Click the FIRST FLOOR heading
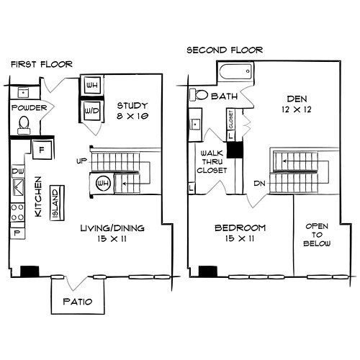(42, 64)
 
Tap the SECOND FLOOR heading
(225, 50)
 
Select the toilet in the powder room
(24, 125)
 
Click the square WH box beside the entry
(92, 85)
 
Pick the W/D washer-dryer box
(92, 111)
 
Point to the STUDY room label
(132, 106)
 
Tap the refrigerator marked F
(42, 150)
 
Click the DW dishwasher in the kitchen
(18, 171)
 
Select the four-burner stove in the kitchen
(18, 212)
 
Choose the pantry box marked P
(17, 233)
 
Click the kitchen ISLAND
(57, 203)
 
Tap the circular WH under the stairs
(103, 184)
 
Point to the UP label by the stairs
(81, 161)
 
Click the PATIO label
(78, 302)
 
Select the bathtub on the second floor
(235, 71)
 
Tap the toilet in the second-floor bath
(199, 95)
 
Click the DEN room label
(297, 99)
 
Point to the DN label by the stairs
(259, 184)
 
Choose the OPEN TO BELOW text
(317, 235)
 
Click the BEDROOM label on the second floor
(240, 228)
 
